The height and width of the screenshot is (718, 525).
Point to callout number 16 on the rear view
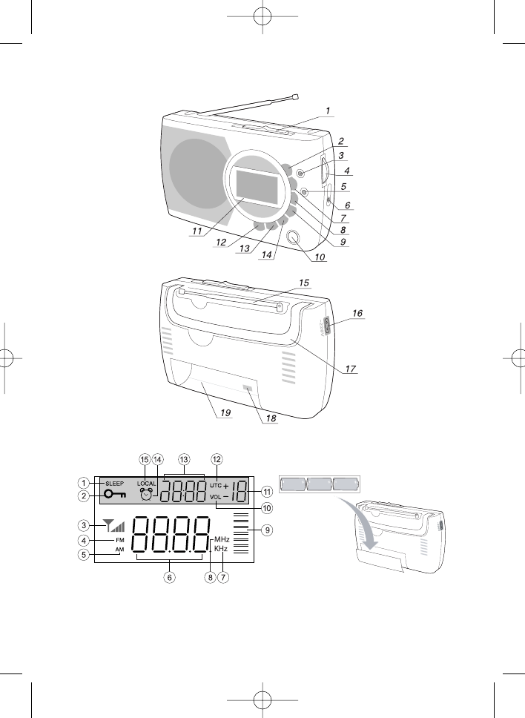point(357,314)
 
